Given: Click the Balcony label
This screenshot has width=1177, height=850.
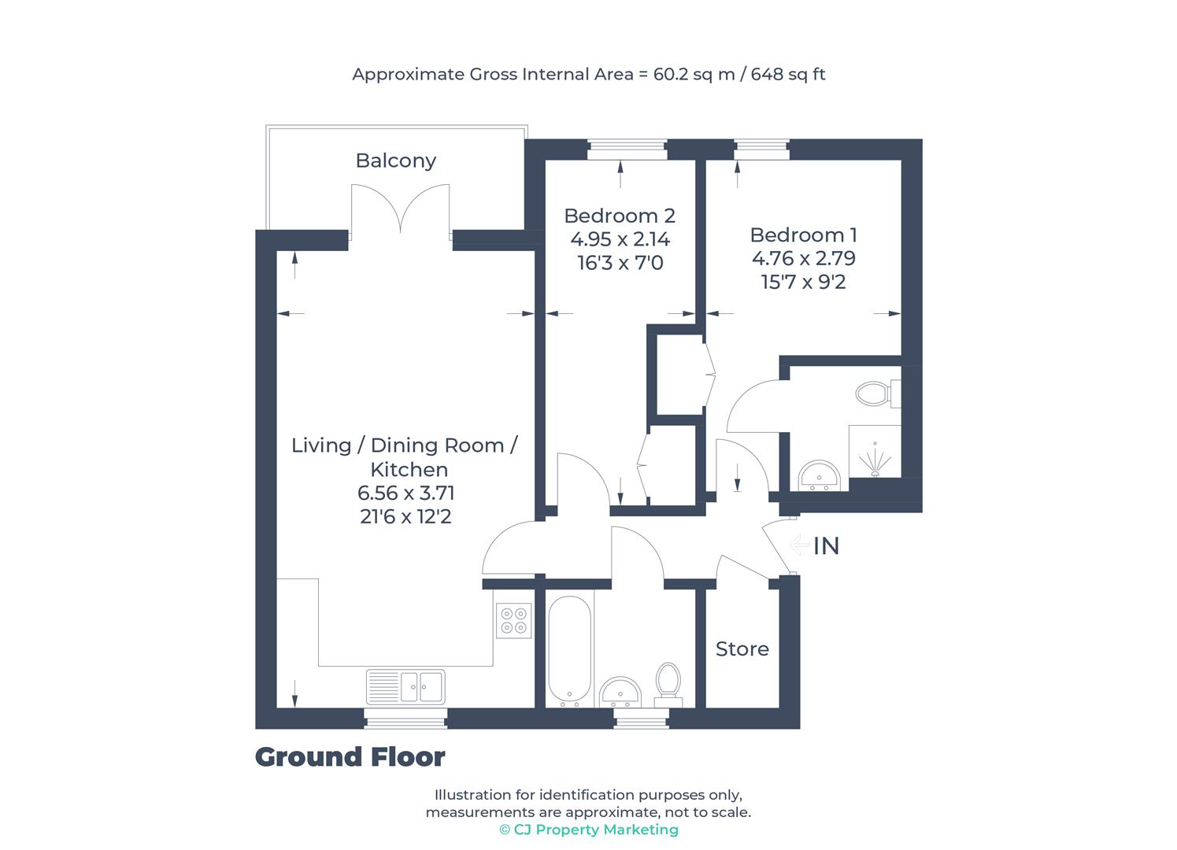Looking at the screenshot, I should coord(395,161).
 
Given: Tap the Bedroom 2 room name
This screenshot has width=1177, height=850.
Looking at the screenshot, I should coord(620,216).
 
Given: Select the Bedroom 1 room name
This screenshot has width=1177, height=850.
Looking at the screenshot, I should coord(803,235).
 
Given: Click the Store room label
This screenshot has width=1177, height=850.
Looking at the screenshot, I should coord(742,649).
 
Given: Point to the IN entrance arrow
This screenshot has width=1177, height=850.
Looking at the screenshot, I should coord(801,545).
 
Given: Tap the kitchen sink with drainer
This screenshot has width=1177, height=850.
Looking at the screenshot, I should coord(405,686).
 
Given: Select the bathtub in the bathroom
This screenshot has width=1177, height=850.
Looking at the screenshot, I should coord(569,651).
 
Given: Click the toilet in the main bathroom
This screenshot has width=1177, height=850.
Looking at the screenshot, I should coord(668,681).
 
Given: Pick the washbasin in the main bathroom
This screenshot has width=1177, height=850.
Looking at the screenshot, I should coord(621,693).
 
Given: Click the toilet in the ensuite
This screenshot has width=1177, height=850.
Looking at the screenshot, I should coord(875,393).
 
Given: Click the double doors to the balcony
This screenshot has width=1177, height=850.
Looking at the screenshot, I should coord(400,209).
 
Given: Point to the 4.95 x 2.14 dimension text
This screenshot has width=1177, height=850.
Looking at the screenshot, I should coord(620,239).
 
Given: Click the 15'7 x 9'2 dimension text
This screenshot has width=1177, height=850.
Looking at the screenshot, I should coord(803,282).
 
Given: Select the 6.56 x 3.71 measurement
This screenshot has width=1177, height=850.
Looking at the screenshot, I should coord(405,493).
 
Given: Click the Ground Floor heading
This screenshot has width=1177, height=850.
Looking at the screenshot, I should coord(350,757).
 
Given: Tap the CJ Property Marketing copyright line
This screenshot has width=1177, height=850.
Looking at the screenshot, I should coord(588,830).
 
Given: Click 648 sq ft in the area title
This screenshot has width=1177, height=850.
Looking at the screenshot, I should coord(788,75).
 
